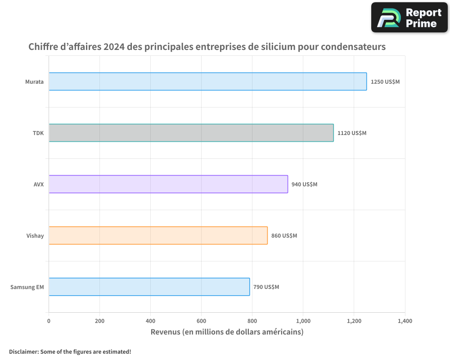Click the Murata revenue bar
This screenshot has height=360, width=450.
(x=207, y=81)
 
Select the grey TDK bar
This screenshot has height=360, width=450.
(x=191, y=133)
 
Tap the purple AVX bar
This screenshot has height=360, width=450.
(x=168, y=184)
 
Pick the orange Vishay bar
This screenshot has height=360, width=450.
(x=158, y=235)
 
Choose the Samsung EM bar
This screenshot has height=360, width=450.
(x=149, y=287)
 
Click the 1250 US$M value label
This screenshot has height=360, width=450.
(x=385, y=82)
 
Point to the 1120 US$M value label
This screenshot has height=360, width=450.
(x=352, y=133)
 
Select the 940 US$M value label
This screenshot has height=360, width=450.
(x=304, y=184)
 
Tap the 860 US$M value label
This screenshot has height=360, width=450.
(x=284, y=236)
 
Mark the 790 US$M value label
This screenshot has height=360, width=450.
(x=266, y=287)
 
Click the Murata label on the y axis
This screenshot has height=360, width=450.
(x=34, y=82)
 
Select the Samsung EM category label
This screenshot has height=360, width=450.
(x=27, y=287)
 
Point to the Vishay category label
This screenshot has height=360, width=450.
(x=35, y=236)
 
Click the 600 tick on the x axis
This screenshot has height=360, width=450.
(x=201, y=321)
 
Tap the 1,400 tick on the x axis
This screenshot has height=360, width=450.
(x=405, y=321)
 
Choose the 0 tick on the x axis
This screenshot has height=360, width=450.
(x=49, y=321)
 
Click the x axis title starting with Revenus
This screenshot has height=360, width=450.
(x=227, y=332)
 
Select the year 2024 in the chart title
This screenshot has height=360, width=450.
(x=114, y=47)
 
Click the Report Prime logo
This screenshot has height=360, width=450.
(x=409, y=18)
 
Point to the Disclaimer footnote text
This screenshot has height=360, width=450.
(x=70, y=351)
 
